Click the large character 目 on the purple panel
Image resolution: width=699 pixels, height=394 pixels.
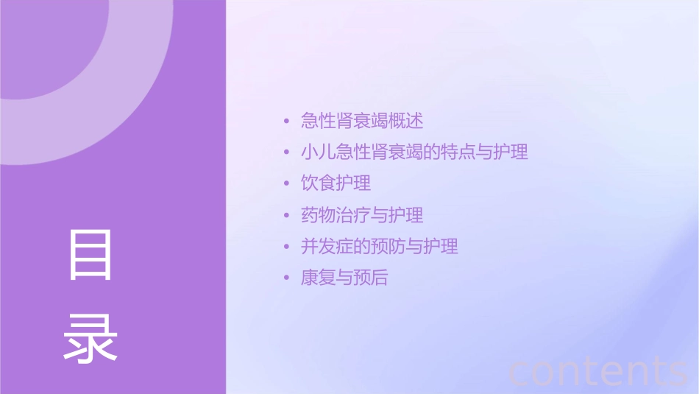tap(91, 255)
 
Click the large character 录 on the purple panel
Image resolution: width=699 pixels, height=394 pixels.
tap(91, 338)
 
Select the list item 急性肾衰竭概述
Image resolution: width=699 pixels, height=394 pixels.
tap(362, 120)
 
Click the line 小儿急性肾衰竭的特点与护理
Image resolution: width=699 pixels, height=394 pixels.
tap(414, 152)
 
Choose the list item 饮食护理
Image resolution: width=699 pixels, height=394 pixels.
tap(336, 183)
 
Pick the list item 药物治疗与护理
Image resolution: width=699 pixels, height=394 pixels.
tap(362, 215)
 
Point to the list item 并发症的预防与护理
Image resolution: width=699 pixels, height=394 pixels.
tap(380, 246)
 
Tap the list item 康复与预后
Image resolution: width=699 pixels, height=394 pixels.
tap(344, 278)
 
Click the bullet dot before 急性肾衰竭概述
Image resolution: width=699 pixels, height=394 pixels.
tap(287, 121)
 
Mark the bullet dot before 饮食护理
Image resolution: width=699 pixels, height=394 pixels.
tap(287, 183)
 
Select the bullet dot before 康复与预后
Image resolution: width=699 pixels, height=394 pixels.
tap(287, 278)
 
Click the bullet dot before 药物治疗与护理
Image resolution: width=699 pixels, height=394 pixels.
tap(287, 216)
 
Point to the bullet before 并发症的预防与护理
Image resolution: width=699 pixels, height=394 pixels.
tap(287, 247)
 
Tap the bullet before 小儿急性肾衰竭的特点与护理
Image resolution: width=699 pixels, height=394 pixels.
tap(287, 153)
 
